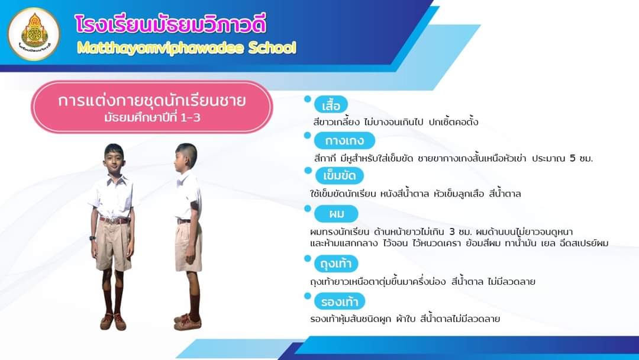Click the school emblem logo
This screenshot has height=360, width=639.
[34, 34]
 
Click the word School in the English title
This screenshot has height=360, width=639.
[272, 48]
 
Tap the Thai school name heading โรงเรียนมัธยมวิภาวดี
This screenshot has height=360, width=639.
[171, 24]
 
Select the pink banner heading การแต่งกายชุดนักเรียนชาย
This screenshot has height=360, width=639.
[151, 100]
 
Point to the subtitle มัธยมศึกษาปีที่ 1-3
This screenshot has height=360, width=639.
[152, 118]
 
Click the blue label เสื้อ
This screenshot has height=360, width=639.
[331, 105]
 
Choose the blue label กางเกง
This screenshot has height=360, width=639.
[344, 141]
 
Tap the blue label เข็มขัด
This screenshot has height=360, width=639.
[340, 176]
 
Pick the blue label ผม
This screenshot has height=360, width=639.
[336, 214]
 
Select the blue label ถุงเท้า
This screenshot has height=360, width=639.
[336, 263]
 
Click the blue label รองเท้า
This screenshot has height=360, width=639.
[340, 302]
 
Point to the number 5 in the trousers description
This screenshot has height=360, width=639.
[573, 158]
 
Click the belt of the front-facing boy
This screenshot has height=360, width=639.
[115, 220]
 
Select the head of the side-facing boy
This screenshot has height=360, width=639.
[186, 157]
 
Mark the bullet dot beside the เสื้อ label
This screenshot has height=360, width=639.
[308, 99]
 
